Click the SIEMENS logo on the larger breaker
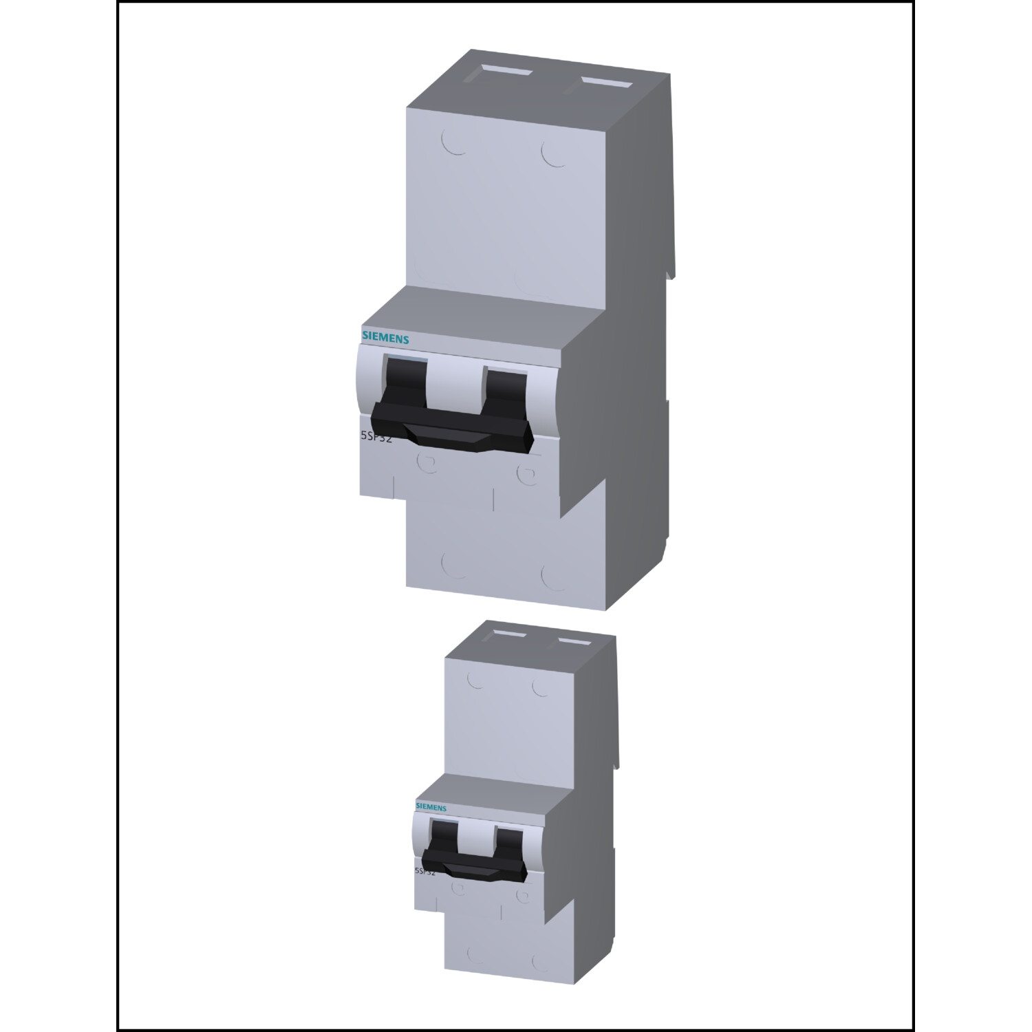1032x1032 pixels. (385, 338)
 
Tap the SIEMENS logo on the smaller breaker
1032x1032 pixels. (431, 807)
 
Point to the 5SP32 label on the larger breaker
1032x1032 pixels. (376, 437)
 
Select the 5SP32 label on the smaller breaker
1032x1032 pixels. (424, 871)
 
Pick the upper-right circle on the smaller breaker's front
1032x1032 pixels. (540, 687)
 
